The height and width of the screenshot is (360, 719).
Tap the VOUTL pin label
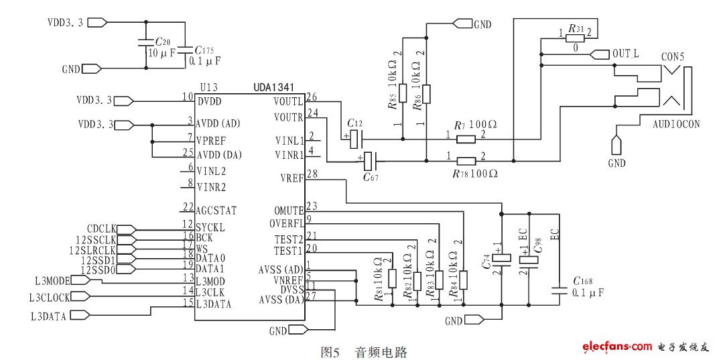288,101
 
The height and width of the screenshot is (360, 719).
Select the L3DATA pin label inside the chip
214,304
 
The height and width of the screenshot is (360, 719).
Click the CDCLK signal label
103,229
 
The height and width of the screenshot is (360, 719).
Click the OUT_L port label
627,53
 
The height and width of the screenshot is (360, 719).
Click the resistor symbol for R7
466,139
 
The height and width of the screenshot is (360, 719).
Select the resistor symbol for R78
466,161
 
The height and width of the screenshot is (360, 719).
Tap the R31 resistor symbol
575,39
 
